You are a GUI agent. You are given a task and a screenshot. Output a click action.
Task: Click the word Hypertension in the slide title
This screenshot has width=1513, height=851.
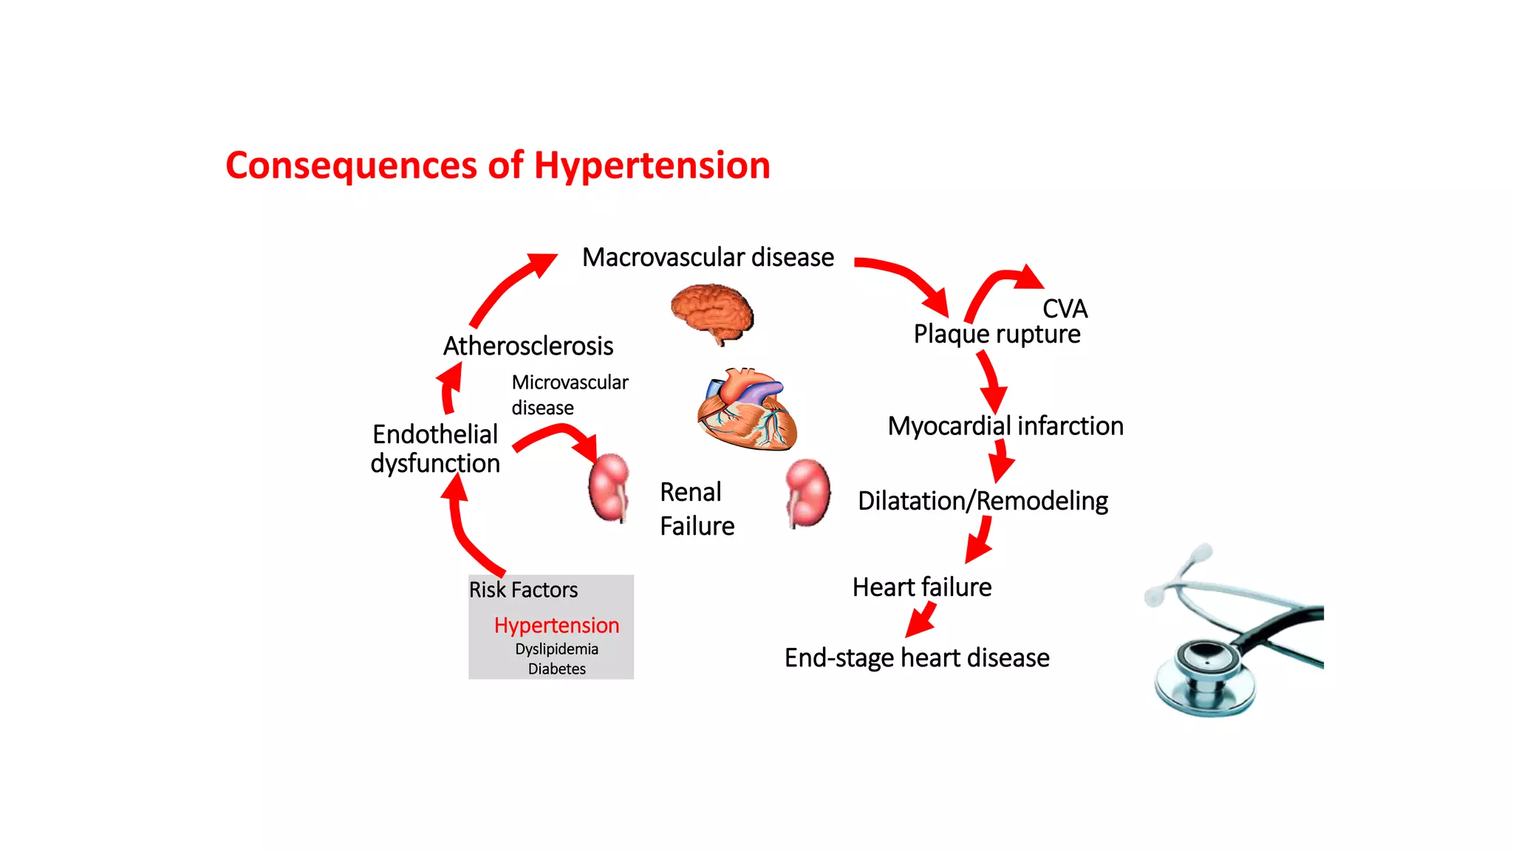(652, 165)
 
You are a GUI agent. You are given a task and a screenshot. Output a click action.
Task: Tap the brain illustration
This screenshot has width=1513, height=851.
(712, 312)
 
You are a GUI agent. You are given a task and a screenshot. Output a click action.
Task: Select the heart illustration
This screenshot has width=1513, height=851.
(747, 411)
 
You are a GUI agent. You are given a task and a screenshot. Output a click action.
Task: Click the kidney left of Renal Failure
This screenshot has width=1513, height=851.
(609, 488)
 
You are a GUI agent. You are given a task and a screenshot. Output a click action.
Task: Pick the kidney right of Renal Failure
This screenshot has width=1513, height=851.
(807, 492)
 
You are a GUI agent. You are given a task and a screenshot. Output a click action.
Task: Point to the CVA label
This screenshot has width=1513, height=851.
(1065, 309)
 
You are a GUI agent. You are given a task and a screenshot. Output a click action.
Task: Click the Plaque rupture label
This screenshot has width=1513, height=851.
(997, 334)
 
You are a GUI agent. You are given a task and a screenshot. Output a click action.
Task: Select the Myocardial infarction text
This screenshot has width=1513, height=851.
(1005, 426)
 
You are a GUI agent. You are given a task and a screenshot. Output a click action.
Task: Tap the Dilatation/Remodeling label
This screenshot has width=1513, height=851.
(983, 501)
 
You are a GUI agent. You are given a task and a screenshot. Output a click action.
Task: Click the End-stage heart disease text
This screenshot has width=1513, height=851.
(917, 657)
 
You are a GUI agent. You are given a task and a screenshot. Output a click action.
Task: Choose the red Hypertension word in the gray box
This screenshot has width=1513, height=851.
(556, 625)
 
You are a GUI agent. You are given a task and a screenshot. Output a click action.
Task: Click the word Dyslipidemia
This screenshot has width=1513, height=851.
(556, 649)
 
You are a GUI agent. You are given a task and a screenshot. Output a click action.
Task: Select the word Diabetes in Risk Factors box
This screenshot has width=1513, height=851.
(556, 669)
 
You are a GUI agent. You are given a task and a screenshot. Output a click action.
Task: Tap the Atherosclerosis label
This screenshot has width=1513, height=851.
(527, 346)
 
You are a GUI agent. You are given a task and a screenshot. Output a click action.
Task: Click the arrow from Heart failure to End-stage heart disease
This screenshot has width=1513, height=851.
(922, 619)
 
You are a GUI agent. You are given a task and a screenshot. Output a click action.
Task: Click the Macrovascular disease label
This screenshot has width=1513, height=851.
(708, 257)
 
